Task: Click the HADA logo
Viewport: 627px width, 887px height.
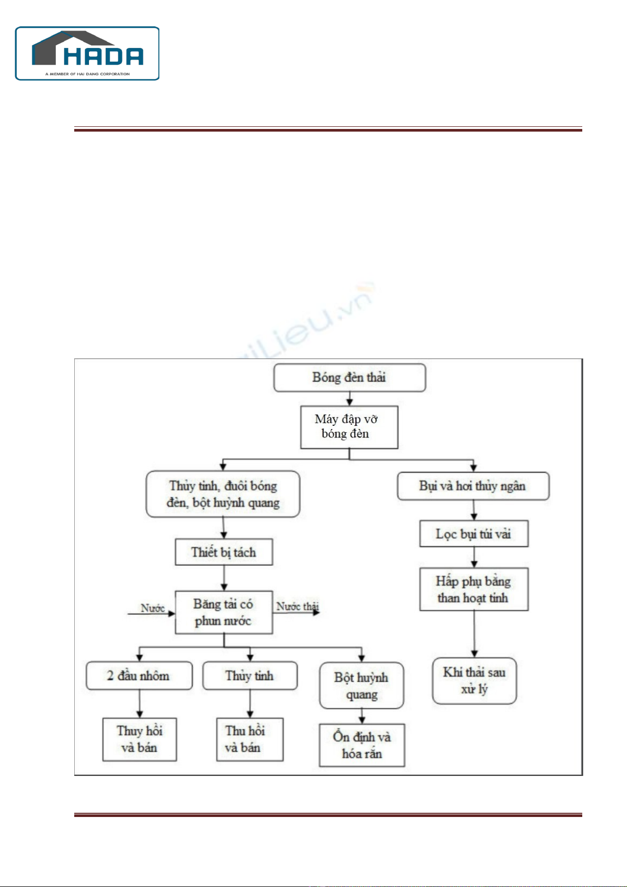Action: click(87, 53)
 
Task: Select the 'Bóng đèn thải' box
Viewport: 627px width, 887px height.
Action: click(350, 377)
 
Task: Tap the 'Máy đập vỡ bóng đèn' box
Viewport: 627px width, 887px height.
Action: click(349, 427)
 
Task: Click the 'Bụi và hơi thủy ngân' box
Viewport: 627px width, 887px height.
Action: click(473, 486)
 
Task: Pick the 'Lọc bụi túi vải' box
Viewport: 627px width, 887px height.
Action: click(474, 534)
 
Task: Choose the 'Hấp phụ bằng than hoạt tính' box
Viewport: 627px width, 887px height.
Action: click(474, 589)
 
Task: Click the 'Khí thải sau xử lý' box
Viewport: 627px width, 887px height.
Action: click(474, 681)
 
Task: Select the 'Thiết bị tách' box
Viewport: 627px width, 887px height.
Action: click(224, 552)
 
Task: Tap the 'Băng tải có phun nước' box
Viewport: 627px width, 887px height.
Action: click(224, 612)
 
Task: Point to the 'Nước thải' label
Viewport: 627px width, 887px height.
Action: click(297, 606)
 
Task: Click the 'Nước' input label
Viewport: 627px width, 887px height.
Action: click(153, 608)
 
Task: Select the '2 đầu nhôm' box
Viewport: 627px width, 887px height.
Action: click(139, 676)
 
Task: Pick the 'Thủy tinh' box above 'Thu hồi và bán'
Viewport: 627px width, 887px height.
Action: click(250, 676)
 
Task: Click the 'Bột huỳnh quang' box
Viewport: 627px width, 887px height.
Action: click(362, 685)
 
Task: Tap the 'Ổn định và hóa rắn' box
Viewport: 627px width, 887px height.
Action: click(362, 745)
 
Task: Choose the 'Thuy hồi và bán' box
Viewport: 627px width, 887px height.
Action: click(140, 739)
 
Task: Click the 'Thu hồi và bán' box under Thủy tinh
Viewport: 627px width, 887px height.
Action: click(250, 739)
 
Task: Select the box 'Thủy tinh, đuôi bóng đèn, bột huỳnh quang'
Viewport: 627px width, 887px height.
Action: click(223, 494)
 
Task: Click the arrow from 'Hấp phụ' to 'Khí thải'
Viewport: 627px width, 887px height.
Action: click(474, 634)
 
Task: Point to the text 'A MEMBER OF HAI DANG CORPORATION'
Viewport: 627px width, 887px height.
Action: click(87, 74)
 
